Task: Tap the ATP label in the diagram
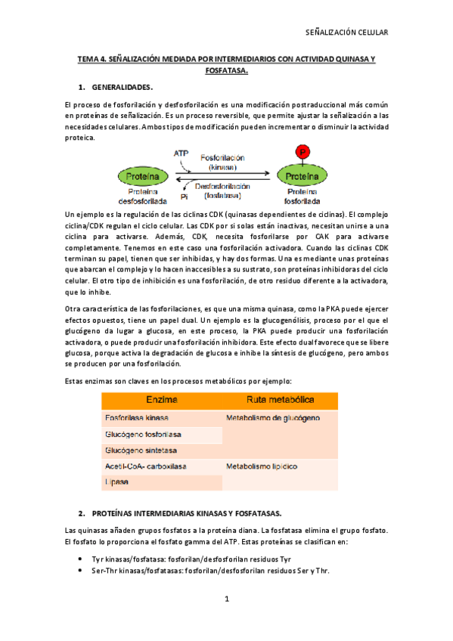point(181,153)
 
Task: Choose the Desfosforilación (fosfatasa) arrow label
point(222,190)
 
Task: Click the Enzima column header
point(162,400)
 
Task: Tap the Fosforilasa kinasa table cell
point(137,417)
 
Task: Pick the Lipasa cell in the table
point(116,482)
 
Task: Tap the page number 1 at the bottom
point(226,599)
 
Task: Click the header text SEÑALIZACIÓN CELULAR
point(346,33)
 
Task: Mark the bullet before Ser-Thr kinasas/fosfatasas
point(81,571)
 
